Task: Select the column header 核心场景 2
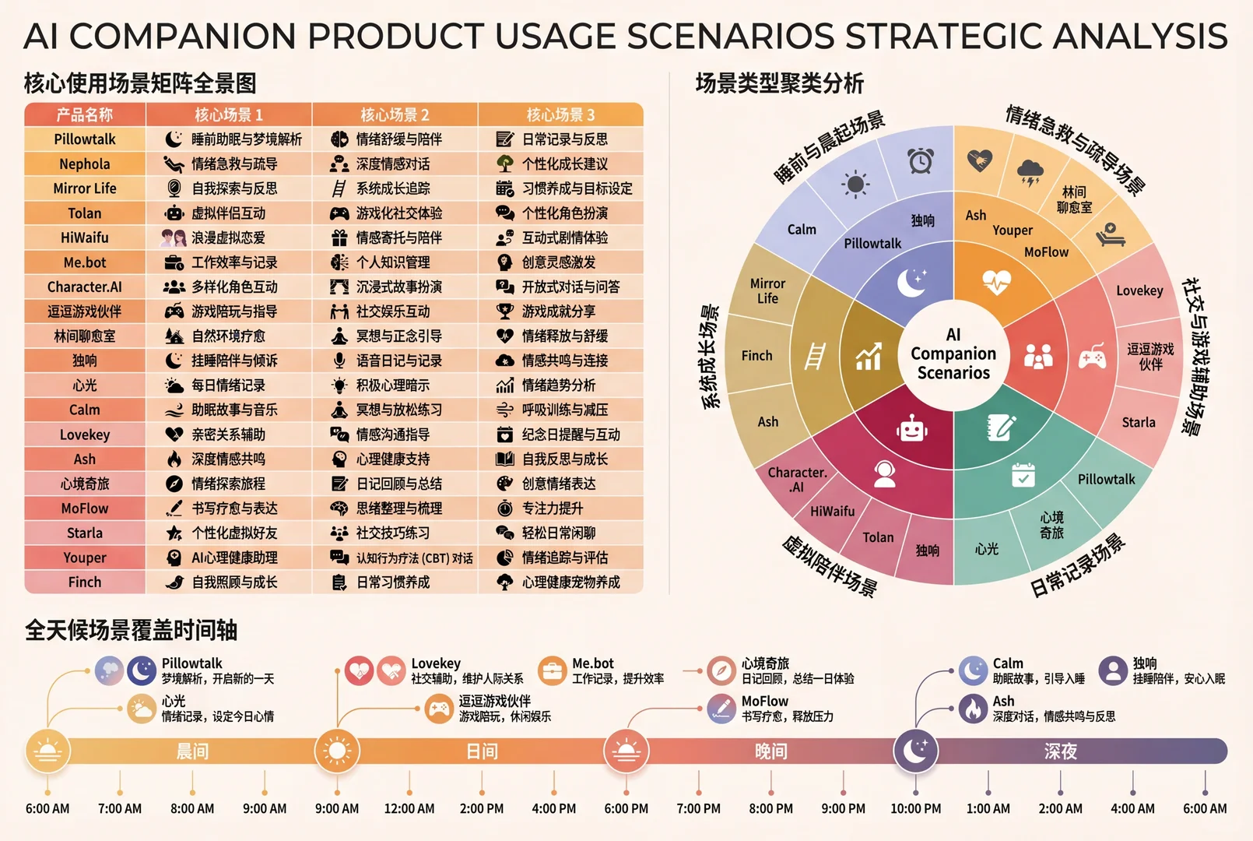coord(395,114)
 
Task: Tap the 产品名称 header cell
coord(85,114)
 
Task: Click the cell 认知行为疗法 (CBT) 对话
coord(415,558)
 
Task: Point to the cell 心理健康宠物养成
coord(570,582)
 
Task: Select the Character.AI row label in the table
coord(85,287)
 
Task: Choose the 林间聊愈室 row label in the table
coord(85,336)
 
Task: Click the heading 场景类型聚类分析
coord(780,84)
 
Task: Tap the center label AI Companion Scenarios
coord(953,354)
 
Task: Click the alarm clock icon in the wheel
coord(920,160)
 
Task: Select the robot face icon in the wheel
coord(912,430)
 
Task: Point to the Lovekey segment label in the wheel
coord(1139,291)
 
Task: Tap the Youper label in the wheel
coord(1013,230)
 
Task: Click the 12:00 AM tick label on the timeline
coord(409,808)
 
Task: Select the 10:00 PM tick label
coord(916,808)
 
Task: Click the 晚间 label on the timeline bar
coord(770,751)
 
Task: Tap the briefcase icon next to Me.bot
coord(552,670)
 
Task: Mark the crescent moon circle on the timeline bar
coord(915,751)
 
